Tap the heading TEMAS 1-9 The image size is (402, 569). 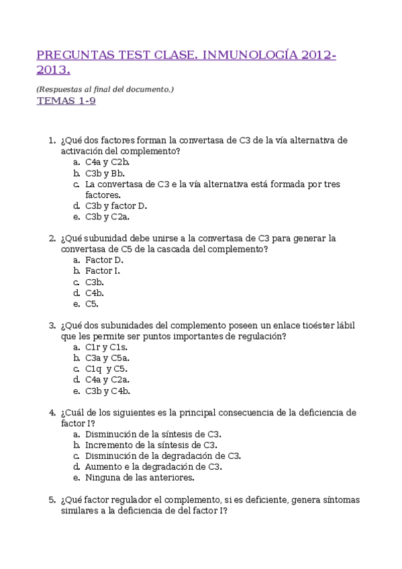65,101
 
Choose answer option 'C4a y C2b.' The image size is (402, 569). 107,162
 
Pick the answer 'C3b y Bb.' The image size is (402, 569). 105,172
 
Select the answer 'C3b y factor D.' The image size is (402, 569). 116,205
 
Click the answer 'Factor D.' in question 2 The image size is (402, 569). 104,260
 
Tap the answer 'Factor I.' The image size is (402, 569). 103,270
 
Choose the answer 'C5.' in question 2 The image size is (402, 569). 92,303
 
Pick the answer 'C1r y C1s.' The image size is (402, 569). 106,347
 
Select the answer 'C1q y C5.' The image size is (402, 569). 106,368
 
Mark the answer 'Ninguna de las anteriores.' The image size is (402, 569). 140,478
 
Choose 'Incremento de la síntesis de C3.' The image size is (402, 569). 151,445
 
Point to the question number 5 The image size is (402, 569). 52,500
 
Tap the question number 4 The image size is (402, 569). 52,412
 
